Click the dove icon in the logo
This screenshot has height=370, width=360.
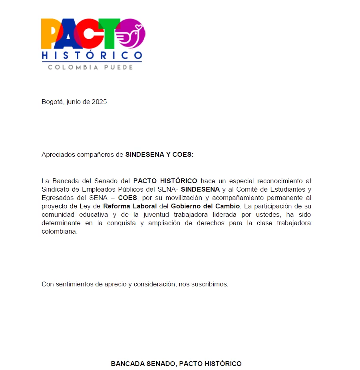pyautogui.click(x=131, y=35)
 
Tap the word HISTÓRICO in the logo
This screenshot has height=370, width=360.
pyautogui.click(x=91, y=55)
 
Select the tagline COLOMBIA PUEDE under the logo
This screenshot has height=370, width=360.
pyautogui.click(x=91, y=67)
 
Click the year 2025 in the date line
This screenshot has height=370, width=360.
pyautogui.click(x=99, y=102)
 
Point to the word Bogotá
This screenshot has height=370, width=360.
pyautogui.click(x=52, y=102)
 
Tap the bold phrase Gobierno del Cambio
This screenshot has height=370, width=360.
pyautogui.click(x=205, y=206)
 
